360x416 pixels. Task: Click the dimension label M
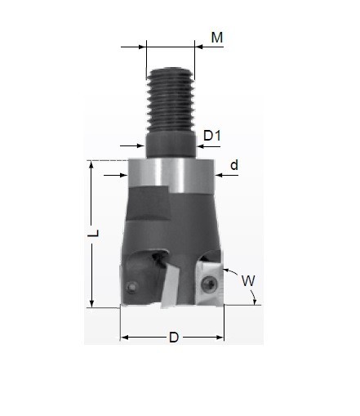point(217,38)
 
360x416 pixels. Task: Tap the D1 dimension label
point(212,136)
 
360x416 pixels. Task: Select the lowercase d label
point(234,165)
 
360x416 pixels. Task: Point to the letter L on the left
point(94,233)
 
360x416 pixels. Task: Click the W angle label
point(248,280)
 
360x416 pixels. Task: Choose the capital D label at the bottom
point(174,338)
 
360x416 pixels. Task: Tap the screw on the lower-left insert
point(131,287)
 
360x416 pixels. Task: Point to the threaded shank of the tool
point(171,100)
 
